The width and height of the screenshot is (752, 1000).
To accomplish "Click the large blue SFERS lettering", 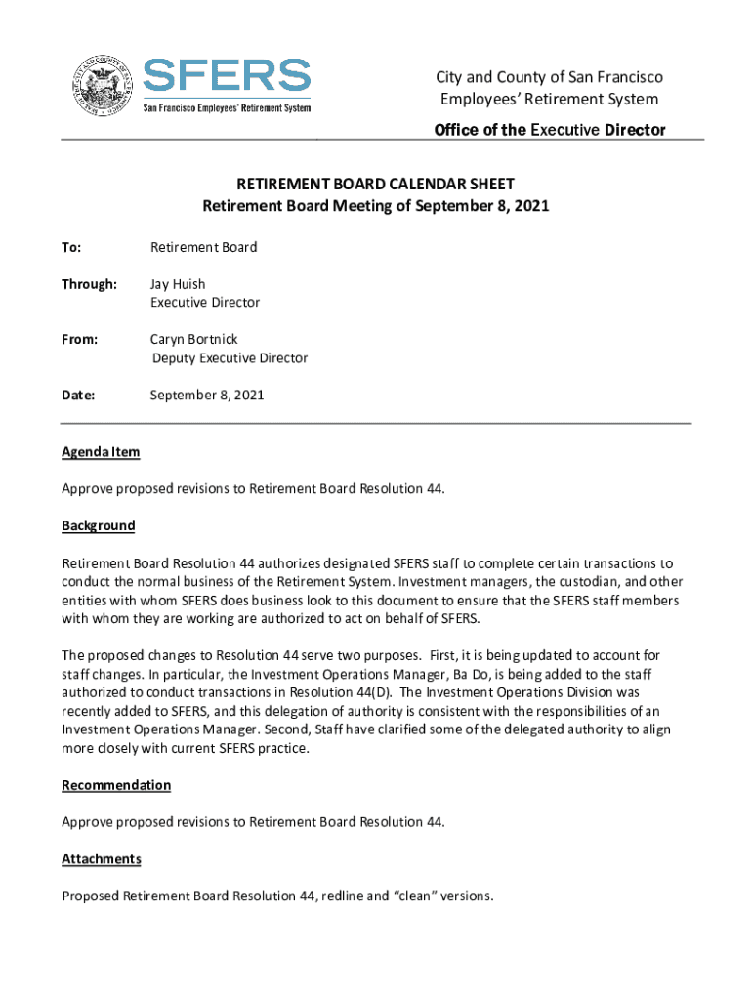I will click(x=227, y=76).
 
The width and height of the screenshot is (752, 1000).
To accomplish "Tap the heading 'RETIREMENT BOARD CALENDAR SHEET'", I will click(x=376, y=184).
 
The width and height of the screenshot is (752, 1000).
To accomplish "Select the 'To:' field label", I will click(x=71, y=247).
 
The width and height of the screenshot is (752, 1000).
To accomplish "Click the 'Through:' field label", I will click(x=89, y=284).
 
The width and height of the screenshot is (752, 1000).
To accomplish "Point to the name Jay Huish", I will click(x=178, y=284).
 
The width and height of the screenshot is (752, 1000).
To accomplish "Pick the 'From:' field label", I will click(x=80, y=340).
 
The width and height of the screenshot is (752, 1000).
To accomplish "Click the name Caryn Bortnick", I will click(x=194, y=340).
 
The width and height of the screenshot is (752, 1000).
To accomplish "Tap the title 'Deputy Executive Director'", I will click(x=230, y=358).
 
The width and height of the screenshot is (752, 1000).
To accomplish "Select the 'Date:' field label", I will click(x=78, y=396).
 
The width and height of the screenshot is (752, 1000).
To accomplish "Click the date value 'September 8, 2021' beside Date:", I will click(x=207, y=396).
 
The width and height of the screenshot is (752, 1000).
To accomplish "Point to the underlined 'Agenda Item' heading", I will click(x=101, y=452).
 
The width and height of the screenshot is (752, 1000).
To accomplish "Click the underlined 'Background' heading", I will click(x=99, y=525).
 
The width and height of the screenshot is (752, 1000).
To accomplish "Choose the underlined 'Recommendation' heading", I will click(x=116, y=785).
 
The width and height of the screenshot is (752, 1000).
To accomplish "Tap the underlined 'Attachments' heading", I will click(x=102, y=858).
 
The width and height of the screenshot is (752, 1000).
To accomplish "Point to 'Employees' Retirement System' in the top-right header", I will click(x=549, y=99).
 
